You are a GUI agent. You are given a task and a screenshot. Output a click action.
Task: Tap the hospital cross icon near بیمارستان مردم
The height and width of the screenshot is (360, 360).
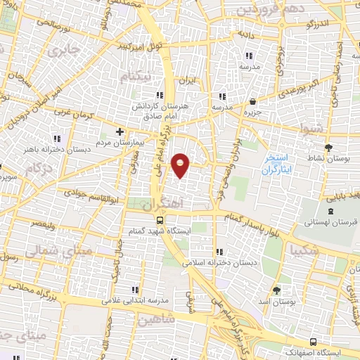click(x=120, y=131)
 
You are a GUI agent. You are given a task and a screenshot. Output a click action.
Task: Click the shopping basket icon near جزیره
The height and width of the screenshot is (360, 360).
click(x=252, y=101)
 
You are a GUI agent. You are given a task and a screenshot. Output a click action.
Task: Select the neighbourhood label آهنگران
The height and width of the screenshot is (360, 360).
click(x=162, y=205)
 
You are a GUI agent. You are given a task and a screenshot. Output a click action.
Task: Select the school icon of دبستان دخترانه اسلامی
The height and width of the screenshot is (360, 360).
click(x=221, y=251)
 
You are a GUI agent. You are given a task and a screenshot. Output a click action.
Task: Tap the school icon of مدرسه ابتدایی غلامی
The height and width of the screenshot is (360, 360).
click(x=135, y=289)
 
